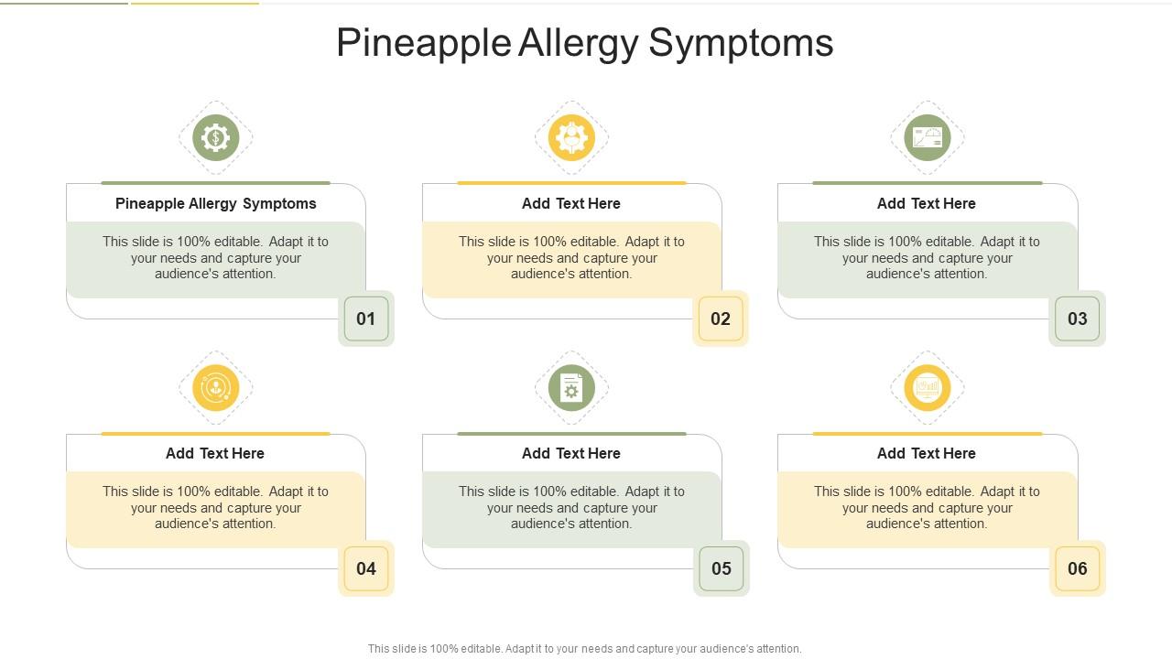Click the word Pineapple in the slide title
[423, 44]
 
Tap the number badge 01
[366, 319]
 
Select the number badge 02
[721, 319]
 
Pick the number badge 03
[1077, 319]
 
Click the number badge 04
[366, 568]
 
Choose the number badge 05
[721, 568]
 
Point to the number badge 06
[1077, 568]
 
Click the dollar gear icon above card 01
[216, 138]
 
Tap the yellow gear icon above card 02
[571, 138]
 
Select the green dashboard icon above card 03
[928, 138]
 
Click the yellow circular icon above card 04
[216, 388]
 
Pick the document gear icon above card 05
[571, 388]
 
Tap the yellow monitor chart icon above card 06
[928, 388]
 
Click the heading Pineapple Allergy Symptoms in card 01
[216, 203]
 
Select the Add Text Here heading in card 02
[571, 203]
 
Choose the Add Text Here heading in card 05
[571, 453]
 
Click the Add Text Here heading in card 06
[927, 453]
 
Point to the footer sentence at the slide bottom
[584, 648]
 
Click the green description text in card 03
[927, 258]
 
